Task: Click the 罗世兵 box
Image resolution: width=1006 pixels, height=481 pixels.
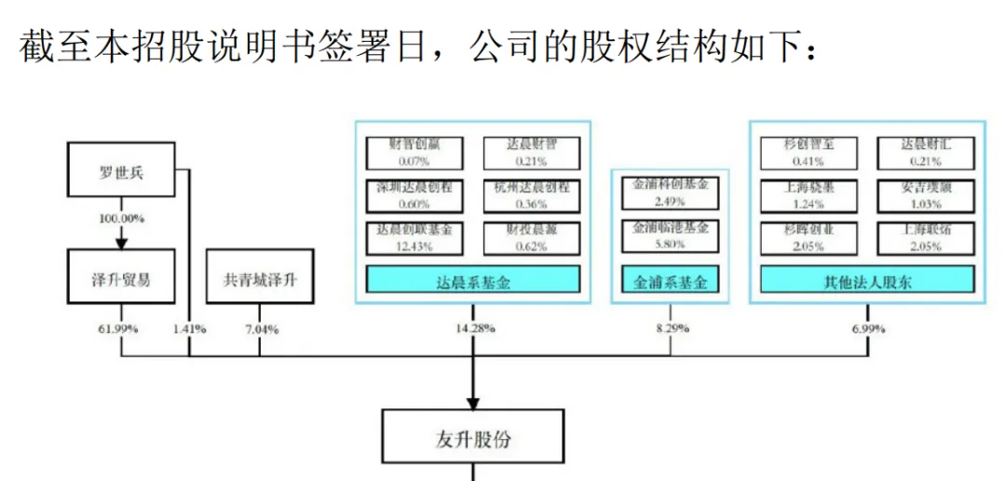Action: click(122, 170)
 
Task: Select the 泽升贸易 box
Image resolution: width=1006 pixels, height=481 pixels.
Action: click(122, 278)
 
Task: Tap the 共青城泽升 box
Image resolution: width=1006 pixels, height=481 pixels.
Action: click(259, 278)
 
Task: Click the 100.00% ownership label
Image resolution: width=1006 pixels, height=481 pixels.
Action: click(121, 219)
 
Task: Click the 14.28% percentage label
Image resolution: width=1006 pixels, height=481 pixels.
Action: click(473, 329)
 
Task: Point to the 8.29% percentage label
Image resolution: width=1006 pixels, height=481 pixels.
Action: click(671, 329)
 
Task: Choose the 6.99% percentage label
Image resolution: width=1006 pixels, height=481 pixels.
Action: click(868, 329)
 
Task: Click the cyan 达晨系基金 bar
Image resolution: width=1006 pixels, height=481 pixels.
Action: click(472, 280)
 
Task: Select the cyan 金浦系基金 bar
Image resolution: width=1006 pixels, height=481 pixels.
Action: click(670, 280)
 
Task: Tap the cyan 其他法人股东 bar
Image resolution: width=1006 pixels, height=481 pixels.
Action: click(867, 280)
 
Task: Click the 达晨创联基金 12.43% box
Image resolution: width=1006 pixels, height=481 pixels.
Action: click(414, 237)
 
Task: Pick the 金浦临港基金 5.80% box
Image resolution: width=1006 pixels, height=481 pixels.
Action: click(670, 236)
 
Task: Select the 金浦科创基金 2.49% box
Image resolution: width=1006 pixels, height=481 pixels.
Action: click(670, 193)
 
